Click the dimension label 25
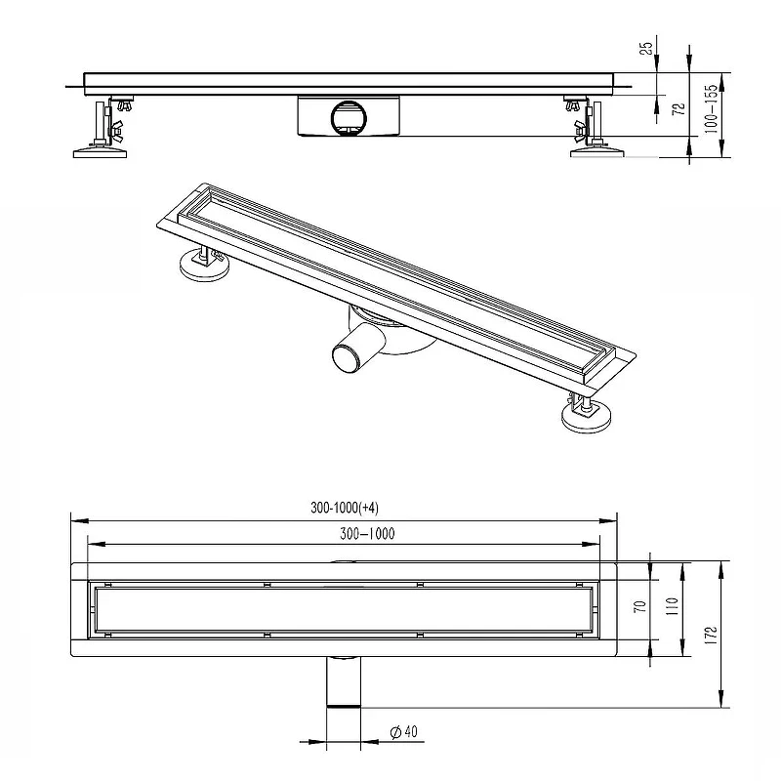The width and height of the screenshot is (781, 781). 646,48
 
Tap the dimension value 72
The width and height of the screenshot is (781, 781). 679,109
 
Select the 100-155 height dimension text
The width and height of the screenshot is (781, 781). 712,108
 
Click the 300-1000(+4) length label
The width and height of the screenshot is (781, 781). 345,508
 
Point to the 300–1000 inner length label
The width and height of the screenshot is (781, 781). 367,533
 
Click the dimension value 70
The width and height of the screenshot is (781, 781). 641,606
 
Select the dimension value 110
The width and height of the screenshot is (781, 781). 672,606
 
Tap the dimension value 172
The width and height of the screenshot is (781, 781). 711,637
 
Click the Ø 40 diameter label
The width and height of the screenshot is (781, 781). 404,731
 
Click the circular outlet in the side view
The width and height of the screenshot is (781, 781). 349,118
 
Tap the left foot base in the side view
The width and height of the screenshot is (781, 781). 100,151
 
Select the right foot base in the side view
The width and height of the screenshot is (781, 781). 596,151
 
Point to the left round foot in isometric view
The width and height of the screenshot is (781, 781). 205,267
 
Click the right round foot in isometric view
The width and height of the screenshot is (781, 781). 586,418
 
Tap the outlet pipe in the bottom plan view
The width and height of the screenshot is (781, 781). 344,681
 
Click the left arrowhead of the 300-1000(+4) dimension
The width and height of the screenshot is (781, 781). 80,521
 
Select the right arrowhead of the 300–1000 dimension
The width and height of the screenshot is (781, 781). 592,545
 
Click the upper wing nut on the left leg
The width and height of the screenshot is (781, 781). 123,105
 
